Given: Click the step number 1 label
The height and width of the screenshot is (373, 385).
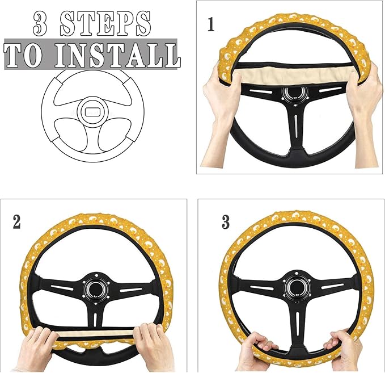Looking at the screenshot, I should click(x=211, y=26).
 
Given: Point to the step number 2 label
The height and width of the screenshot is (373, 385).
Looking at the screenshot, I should click(x=17, y=222).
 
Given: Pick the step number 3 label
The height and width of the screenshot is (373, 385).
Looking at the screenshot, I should click(x=226, y=222).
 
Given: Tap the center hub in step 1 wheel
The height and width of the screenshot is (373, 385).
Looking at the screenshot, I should click(x=294, y=94).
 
